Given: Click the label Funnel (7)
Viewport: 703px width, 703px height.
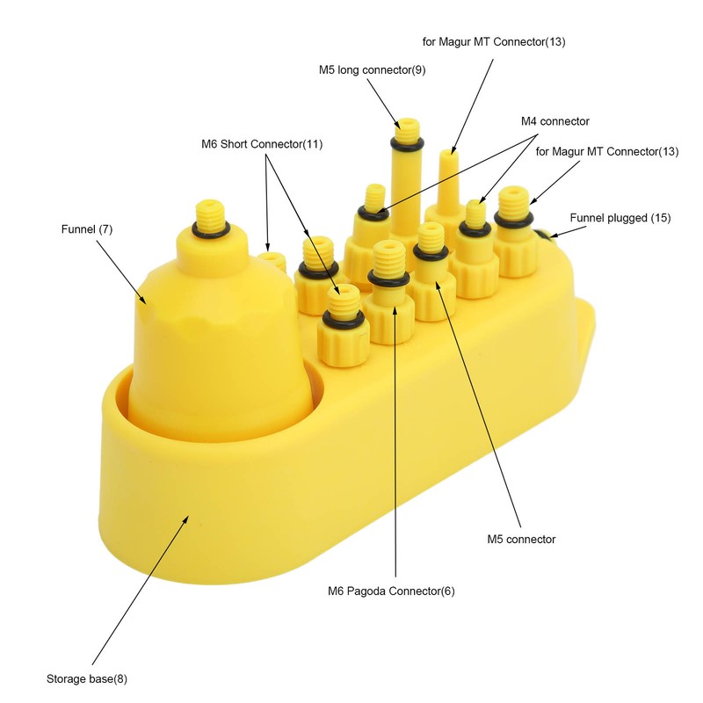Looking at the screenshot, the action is click(x=86, y=229).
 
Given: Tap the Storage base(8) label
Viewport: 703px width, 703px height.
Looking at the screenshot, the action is click(x=86, y=678).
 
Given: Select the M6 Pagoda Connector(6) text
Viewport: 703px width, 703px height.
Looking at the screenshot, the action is click(x=391, y=591).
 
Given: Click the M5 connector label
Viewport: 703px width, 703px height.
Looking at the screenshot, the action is click(x=521, y=539).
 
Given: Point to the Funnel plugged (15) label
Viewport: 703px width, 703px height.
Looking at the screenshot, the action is click(x=620, y=218).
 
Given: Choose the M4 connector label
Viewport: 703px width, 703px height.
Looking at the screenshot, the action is click(x=555, y=121).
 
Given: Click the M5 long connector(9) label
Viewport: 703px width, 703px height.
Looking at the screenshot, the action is click(x=372, y=70).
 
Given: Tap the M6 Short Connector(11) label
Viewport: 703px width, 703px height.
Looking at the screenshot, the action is click(x=262, y=144).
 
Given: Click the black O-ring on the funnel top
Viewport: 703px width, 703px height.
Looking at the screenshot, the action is click(x=211, y=230).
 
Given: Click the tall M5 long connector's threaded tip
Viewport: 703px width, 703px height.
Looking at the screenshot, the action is click(x=408, y=129).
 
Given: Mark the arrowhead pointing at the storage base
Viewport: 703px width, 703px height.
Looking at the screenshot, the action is click(x=185, y=520).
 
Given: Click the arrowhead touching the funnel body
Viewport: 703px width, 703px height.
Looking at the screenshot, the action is click(x=141, y=299).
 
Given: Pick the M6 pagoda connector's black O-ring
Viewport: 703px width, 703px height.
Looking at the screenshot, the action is click(x=388, y=279).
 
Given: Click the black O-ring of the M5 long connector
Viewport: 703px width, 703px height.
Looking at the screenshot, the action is click(x=407, y=144).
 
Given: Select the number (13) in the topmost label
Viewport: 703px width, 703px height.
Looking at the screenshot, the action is click(x=555, y=41).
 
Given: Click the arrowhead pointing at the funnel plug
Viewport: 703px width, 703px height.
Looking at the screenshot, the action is click(x=554, y=235).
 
